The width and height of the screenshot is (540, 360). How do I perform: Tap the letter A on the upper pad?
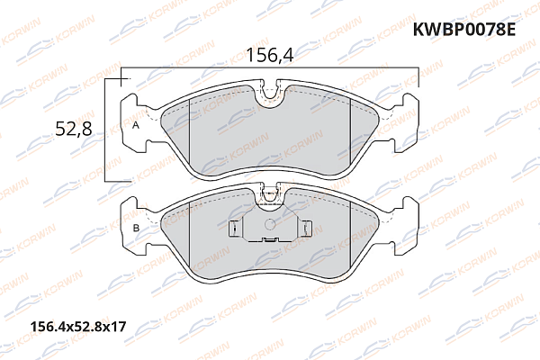point(136,126)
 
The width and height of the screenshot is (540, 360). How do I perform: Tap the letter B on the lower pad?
point(136,230)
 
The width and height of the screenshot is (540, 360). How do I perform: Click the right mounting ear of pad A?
point(407,105)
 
